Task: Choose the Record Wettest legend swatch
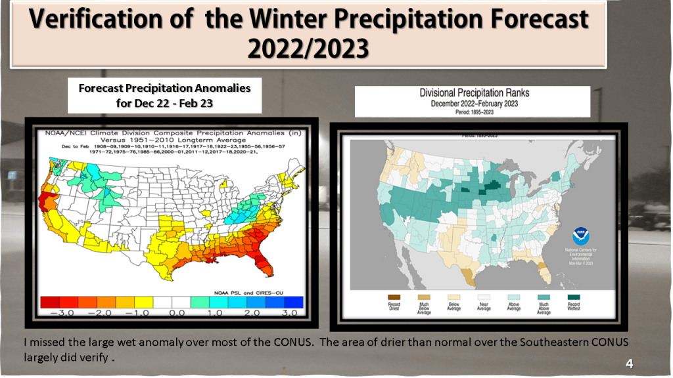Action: point(573,297)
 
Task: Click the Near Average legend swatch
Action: point(484,297)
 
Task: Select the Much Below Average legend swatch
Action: point(425,297)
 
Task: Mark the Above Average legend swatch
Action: point(514,297)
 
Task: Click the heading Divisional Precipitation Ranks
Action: point(474,93)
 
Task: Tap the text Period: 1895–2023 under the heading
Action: point(474,112)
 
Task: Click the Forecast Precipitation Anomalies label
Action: point(164,87)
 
